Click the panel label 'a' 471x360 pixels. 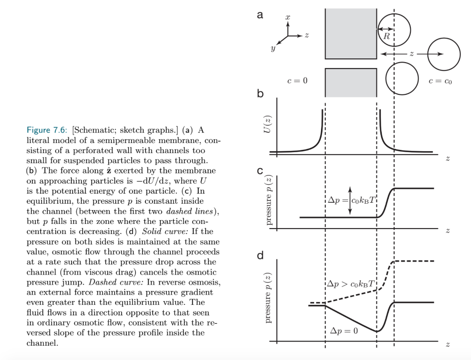click(x=260, y=15)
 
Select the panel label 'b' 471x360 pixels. click(x=261, y=95)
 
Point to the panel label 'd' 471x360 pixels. click(x=261, y=255)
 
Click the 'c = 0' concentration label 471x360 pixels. click(x=297, y=81)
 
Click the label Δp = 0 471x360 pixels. click(x=344, y=331)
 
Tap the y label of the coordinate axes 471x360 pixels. click(x=273, y=47)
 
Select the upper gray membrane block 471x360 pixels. click(x=350, y=34)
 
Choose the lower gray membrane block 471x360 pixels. click(x=350, y=82)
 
